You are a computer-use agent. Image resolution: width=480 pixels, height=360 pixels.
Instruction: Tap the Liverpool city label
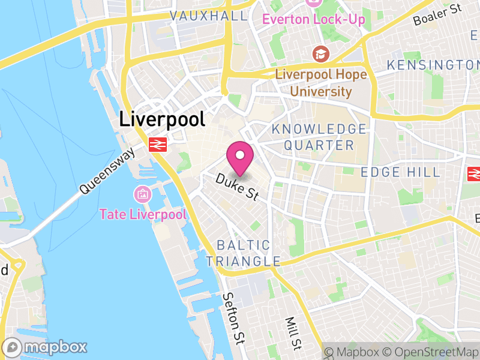coord(162,119)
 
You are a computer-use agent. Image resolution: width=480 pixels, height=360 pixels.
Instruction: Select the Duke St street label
coord(236,187)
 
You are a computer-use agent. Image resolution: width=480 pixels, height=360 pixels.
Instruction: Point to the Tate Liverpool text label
coord(143,214)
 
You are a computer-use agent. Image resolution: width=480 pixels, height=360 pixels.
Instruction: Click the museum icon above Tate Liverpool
coord(143,194)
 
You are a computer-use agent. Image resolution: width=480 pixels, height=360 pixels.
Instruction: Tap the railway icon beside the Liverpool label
coord(158,144)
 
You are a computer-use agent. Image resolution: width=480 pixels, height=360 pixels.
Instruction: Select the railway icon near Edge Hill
coord(475,174)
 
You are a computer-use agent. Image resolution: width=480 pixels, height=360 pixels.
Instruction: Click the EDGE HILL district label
coord(400,173)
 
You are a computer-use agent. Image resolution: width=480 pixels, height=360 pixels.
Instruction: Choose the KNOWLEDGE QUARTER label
coord(319,137)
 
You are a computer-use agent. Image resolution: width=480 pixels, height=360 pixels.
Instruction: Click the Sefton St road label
coord(234,319)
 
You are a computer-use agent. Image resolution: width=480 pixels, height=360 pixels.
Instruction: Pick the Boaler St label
coord(438,15)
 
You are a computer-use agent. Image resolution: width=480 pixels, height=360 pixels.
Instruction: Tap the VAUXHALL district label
coord(208,16)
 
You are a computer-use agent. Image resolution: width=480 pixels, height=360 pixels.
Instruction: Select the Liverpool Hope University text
coord(322,83)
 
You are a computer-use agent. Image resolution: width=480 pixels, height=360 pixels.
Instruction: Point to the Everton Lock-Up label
coord(313,19)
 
